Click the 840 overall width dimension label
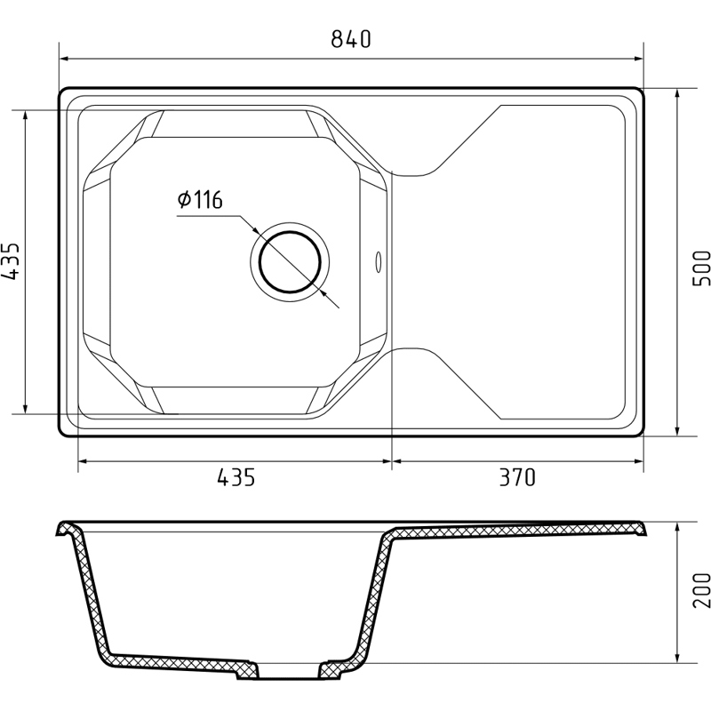tap(351, 38)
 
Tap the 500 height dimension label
tap(701, 268)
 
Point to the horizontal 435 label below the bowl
tap(236, 477)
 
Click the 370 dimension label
tap(517, 477)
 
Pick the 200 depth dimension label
tap(701, 590)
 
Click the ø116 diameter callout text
tap(200, 199)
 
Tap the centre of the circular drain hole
tap(291, 262)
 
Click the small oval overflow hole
tap(379, 262)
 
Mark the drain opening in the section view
tap(288, 670)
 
